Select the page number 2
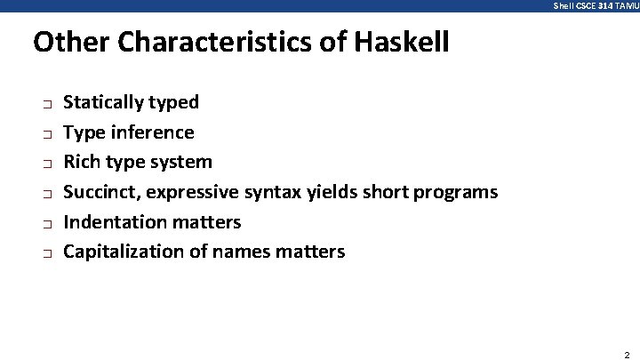(627, 353)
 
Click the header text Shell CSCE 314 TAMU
(596, 5)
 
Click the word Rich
(82, 162)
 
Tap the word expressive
(194, 192)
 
